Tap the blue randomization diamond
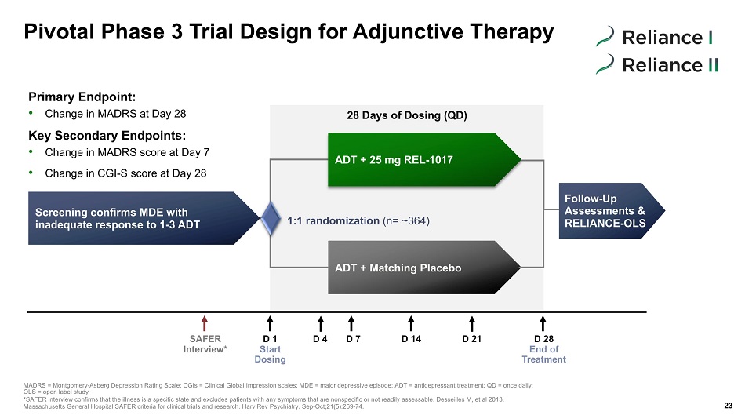(271, 218)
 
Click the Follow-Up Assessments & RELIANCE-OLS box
(612, 211)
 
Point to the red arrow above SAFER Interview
(205, 323)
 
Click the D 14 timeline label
(412, 339)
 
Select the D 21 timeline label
(472, 339)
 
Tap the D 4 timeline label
(320, 339)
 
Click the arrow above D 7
(351, 323)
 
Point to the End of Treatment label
(544, 355)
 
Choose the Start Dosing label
(271, 355)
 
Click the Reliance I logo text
(667, 37)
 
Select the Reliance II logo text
(670, 65)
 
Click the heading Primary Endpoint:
(82, 97)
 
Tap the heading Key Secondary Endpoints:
(107, 136)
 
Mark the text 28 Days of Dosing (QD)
(407, 115)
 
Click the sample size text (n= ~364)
(406, 220)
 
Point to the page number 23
(729, 406)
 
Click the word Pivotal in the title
(59, 32)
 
